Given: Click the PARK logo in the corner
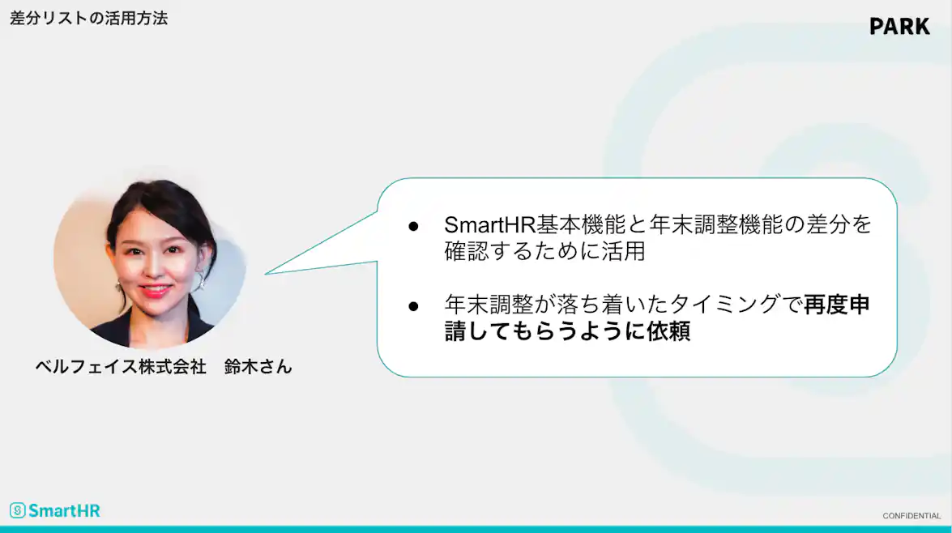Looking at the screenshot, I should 899,26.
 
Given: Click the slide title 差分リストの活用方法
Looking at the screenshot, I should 89,18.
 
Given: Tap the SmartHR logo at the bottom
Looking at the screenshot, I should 55,510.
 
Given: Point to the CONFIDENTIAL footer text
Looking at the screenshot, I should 911,516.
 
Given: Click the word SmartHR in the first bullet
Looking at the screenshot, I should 485,224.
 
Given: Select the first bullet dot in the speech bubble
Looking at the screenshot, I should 412,225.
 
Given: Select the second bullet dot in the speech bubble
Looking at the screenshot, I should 412,306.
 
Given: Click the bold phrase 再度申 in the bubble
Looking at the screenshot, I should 837,305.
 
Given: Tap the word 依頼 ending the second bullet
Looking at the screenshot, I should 668,332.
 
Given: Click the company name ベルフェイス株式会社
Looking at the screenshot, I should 121,366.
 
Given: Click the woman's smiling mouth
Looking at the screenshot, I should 155,288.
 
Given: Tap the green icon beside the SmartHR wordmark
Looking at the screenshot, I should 18,510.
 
